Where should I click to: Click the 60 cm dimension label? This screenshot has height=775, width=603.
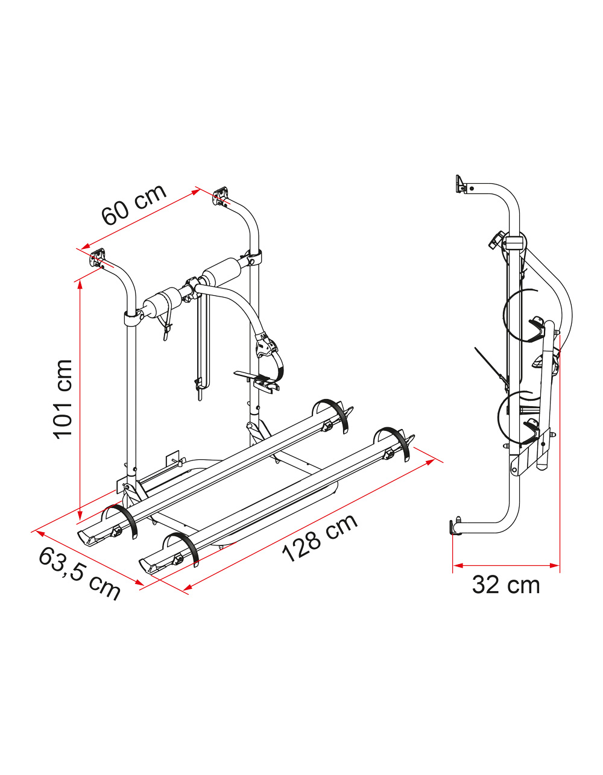tap(134, 205)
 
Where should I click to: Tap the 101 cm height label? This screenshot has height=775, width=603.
tap(63, 399)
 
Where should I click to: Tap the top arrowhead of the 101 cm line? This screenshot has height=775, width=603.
tap(80, 286)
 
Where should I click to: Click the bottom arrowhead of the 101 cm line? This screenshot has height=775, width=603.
tap(80, 514)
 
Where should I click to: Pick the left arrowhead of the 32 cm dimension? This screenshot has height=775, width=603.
tap(458, 565)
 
